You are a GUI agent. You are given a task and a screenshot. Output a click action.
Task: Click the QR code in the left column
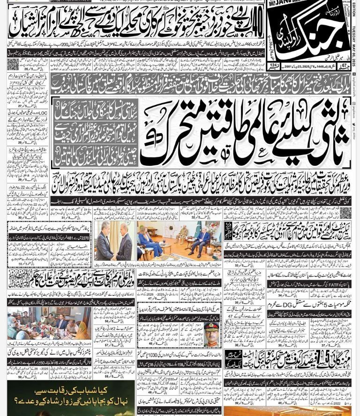(13, 64)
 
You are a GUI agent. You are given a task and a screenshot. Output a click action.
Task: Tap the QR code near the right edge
(345, 213)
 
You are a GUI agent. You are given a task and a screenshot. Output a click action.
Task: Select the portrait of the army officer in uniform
(211, 334)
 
